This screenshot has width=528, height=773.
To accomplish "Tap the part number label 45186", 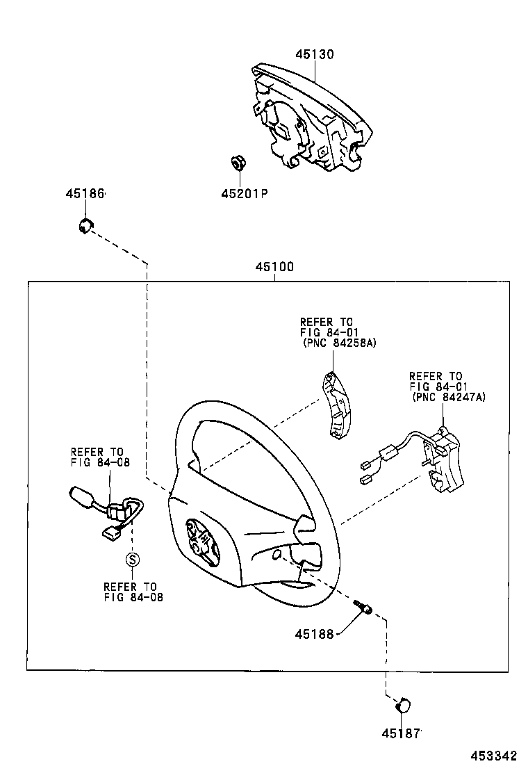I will pos(85,194).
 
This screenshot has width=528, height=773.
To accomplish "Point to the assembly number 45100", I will pos(274,267).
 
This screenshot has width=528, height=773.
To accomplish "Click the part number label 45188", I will pos(313,633).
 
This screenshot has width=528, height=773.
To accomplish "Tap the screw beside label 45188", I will pos(363,607).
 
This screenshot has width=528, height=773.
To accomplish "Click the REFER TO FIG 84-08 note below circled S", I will pos(133,591).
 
